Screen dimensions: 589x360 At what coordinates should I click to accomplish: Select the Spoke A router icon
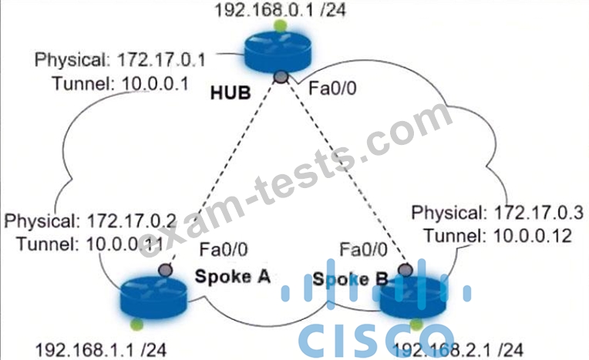pos(153,297)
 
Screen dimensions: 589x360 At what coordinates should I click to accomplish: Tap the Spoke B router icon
pos(413,297)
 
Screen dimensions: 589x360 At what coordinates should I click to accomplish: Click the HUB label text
pos(231,93)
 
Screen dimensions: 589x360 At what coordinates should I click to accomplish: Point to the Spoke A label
pos(233,277)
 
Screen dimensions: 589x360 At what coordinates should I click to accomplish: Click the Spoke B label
pos(350,279)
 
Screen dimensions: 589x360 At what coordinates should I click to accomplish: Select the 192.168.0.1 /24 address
pos(280,10)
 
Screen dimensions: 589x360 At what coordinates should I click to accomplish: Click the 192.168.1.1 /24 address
pos(101,350)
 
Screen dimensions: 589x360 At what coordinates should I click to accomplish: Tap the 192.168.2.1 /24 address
pos(457,350)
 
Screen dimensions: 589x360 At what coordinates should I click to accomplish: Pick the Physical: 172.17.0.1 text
pos(119,60)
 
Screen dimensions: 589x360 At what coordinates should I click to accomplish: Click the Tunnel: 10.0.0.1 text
pos(120,83)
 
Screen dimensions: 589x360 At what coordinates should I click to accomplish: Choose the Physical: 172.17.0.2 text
pos(90,221)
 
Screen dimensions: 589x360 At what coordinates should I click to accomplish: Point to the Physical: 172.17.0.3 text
pos(497,213)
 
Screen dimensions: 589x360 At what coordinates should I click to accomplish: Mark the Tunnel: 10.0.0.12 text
pos(498,236)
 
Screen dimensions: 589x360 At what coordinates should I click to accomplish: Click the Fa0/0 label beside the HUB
pos(332,89)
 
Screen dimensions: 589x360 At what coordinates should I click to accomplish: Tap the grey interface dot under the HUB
pos(281,76)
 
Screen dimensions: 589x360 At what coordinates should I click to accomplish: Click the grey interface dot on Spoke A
pos(165,270)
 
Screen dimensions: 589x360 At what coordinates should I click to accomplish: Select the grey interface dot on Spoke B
pos(406,270)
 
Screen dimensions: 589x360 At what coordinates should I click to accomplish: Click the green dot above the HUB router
pos(280,26)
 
